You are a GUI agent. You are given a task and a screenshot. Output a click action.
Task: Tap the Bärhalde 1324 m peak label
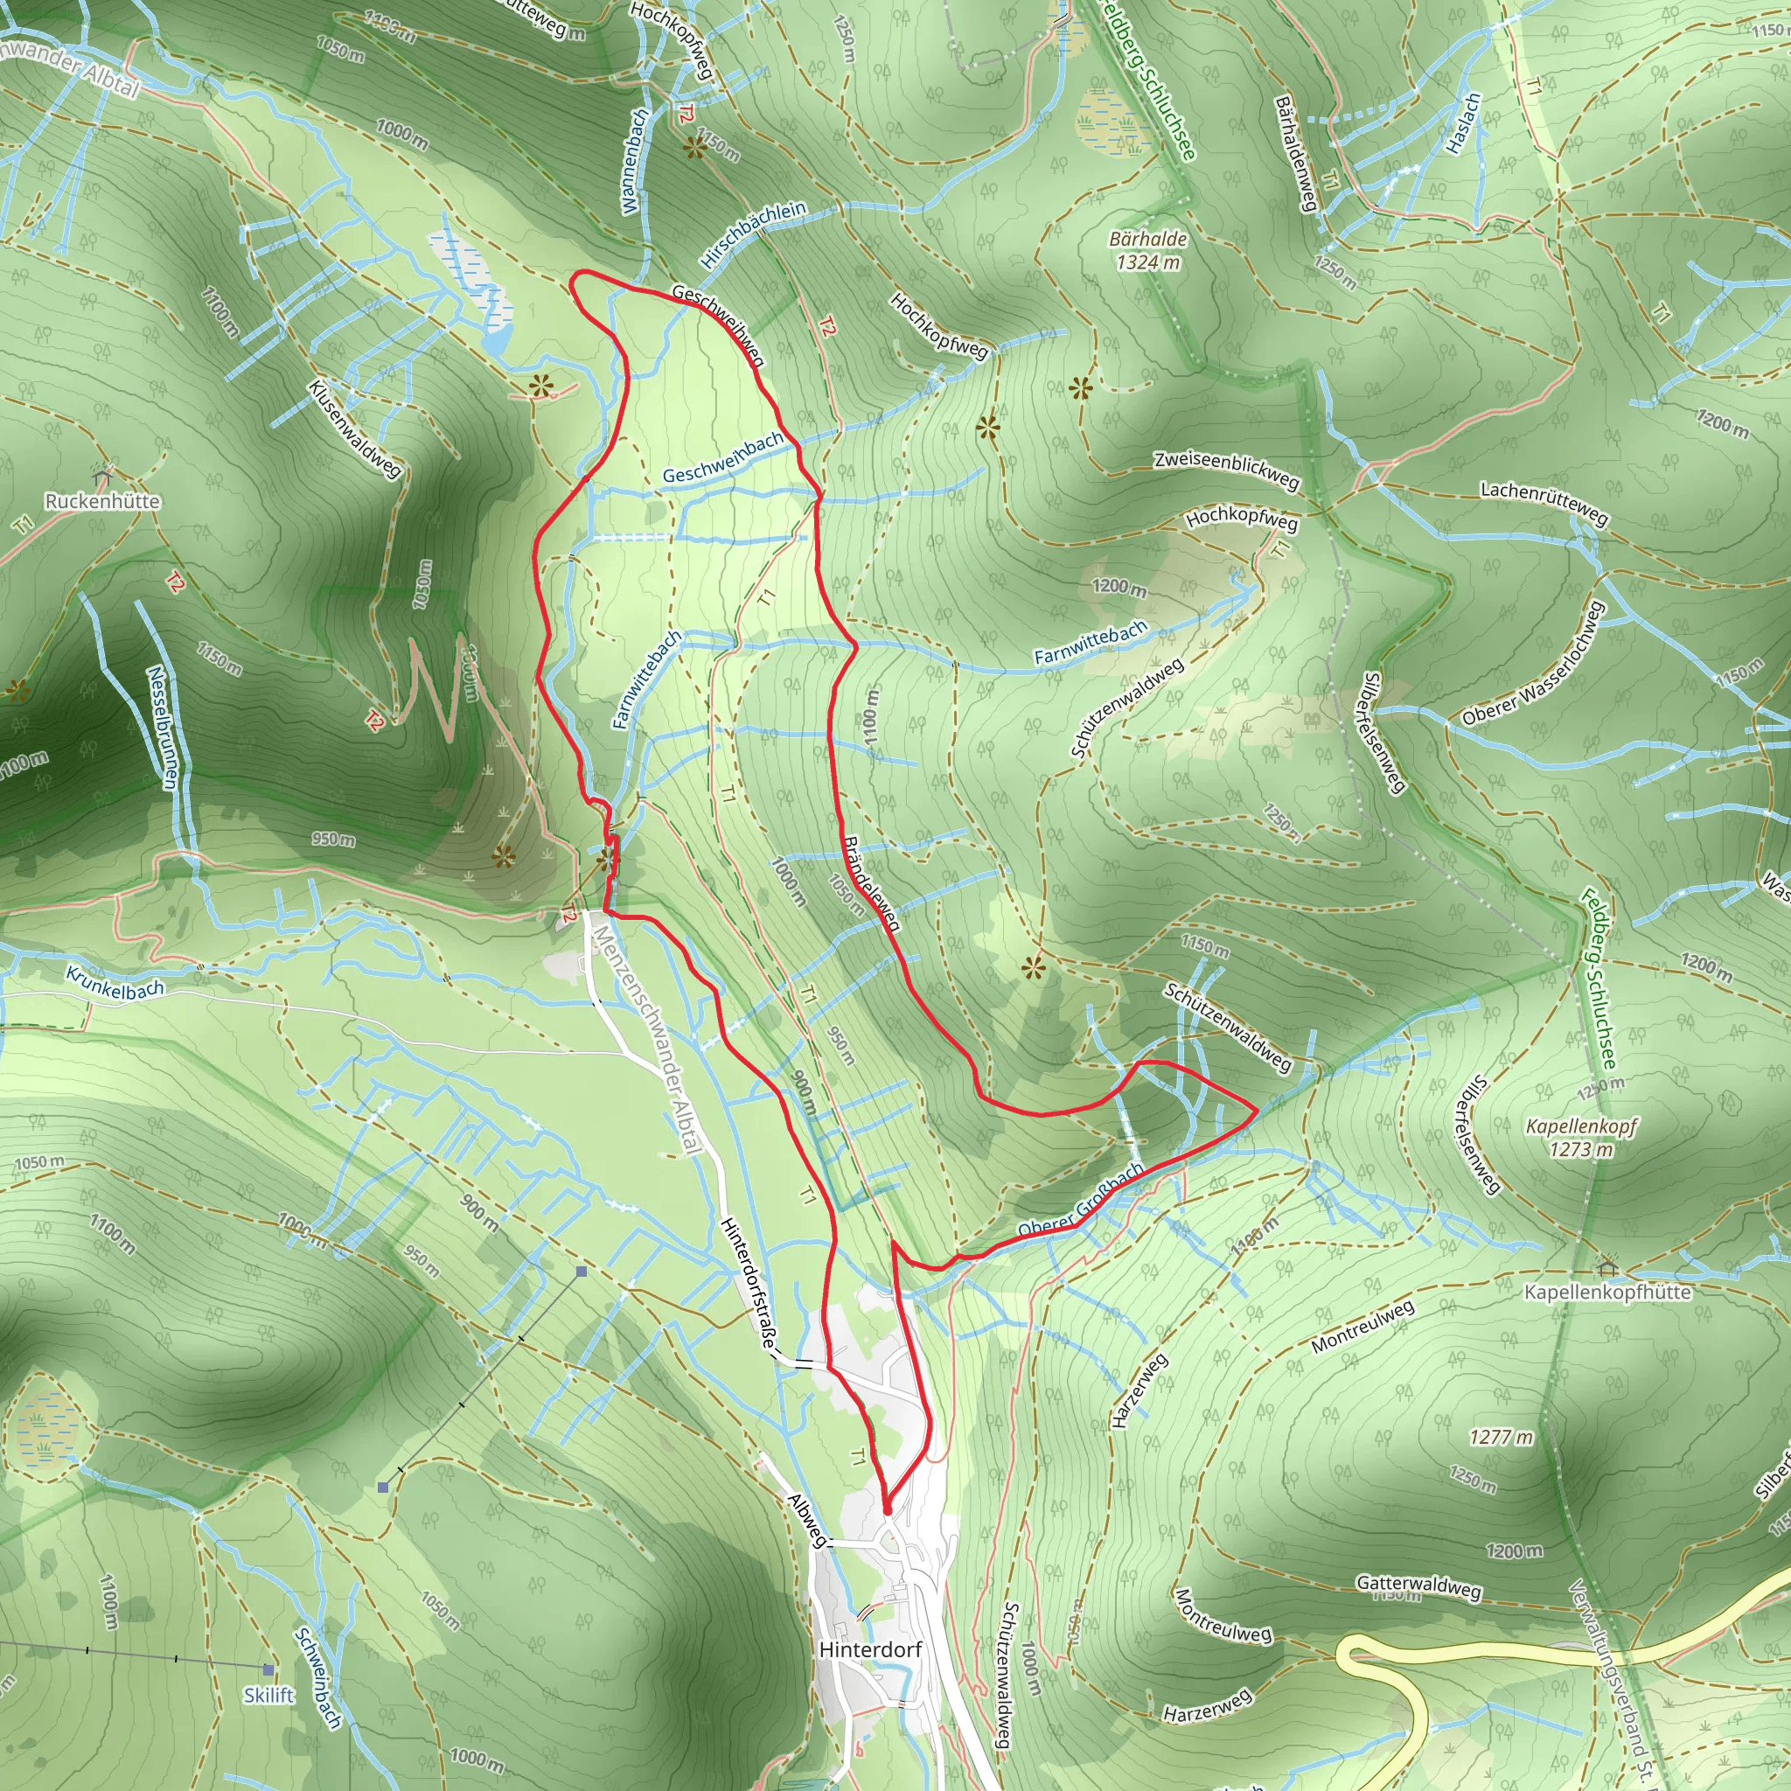point(1147,250)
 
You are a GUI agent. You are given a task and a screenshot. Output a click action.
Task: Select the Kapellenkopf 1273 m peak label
point(1581,1138)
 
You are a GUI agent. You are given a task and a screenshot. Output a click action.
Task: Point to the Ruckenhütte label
point(102,501)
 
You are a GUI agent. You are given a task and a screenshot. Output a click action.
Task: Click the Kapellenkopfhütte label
point(1606,1293)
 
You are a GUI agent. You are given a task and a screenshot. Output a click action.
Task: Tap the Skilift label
point(268,1696)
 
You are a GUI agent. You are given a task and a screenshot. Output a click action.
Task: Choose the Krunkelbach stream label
point(115,984)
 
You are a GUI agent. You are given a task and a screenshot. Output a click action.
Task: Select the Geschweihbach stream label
point(723,458)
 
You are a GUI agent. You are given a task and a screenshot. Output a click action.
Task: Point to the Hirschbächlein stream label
point(754,234)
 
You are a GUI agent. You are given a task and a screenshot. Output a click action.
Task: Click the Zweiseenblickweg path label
point(1226,469)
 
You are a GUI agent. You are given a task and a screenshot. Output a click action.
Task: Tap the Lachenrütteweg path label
point(1544,501)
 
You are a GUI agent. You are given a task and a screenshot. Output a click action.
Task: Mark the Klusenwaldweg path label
point(355,429)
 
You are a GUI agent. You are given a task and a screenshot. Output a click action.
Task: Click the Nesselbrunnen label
point(161,727)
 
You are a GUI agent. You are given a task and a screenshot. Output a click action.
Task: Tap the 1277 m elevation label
point(1501,1437)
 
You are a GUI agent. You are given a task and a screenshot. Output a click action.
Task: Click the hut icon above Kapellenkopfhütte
point(1606,1267)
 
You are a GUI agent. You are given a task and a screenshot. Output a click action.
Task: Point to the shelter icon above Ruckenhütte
point(102,477)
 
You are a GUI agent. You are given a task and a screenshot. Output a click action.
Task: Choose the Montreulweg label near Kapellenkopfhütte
point(1362,1326)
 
